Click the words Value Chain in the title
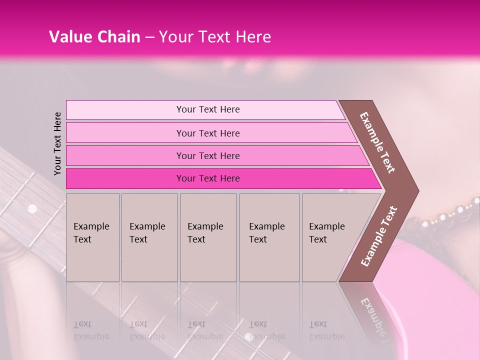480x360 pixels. [94, 37]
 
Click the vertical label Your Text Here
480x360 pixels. [57, 143]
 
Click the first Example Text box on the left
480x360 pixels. [92, 237]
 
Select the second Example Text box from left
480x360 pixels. [149, 237]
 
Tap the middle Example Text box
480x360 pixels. [208, 237]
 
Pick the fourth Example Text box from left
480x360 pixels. [269, 237]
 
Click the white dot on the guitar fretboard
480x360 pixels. [32, 208]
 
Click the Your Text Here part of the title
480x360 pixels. [214, 37]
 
